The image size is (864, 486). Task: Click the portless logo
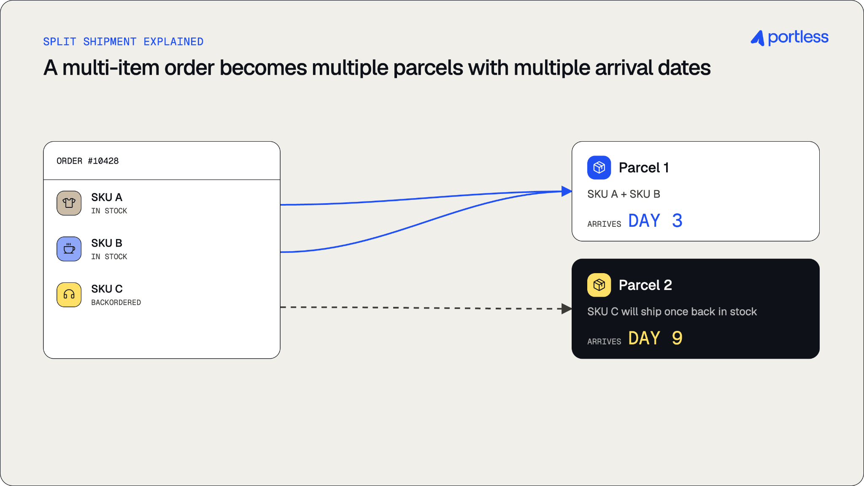coord(789,38)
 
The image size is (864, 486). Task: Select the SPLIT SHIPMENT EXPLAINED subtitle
coord(123,42)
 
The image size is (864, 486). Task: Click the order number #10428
coord(103,161)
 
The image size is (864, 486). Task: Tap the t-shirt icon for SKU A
coord(69,203)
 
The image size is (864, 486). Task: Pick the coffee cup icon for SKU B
coord(69,249)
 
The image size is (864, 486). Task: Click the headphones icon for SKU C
coord(69,295)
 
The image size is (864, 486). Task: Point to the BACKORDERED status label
coord(116,303)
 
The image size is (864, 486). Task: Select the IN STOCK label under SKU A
coord(109,211)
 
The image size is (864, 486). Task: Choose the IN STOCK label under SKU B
coord(109,257)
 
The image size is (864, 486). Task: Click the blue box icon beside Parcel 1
coord(599,168)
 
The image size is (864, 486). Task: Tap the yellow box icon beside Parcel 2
coord(599,285)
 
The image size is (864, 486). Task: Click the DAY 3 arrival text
coord(656,220)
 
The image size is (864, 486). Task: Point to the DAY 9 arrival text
coord(656,338)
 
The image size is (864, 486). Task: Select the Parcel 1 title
coord(644,168)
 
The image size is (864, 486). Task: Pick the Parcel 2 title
coord(645,285)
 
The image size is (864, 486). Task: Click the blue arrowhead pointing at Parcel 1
coord(567,191)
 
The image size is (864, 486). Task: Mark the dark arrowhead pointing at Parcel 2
coord(567,309)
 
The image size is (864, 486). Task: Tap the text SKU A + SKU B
coord(624,194)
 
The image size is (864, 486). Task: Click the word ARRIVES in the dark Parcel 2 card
coord(604,342)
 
